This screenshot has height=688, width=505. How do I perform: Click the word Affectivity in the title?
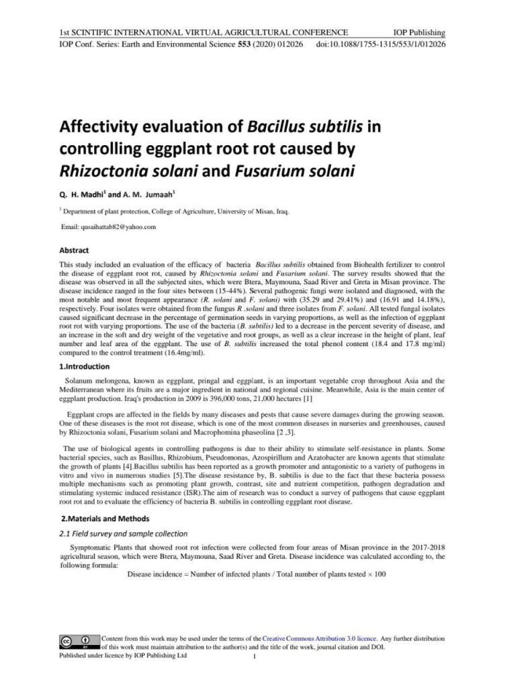tap(103, 128)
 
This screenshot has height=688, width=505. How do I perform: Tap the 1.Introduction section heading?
tap(84, 367)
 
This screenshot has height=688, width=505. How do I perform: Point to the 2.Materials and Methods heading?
tap(105, 518)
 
